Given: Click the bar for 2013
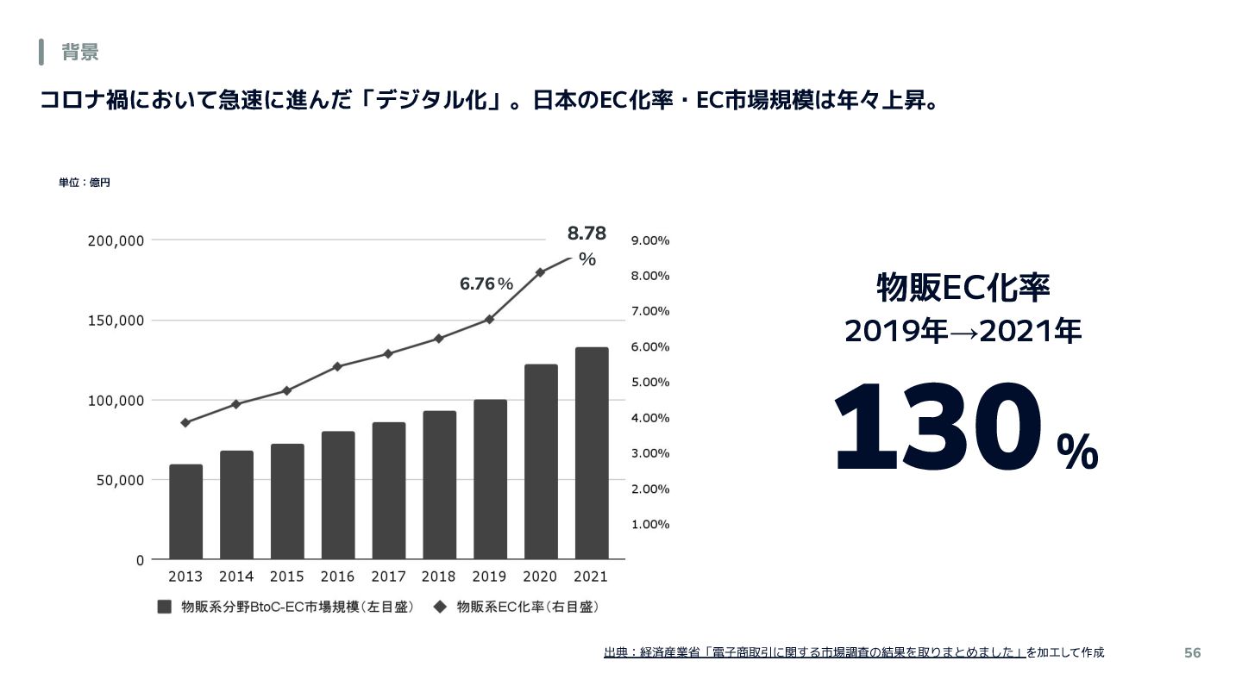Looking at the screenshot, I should pyautogui.click(x=186, y=512).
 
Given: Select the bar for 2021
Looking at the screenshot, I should pyautogui.click(x=592, y=453).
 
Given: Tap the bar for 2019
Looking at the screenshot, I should pyautogui.click(x=491, y=479).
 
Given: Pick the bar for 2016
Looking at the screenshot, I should pyautogui.click(x=338, y=495).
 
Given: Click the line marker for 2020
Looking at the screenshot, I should pyautogui.click(x=540, y=272).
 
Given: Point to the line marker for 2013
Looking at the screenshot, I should pyautogui.click(x=185, y=422).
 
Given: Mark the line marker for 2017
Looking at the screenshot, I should pyautogui.click(x=388, y=353).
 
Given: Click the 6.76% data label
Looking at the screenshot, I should pyautogui.click(x=486, y=284).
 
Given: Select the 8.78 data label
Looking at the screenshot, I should pyautogui.click(x=586, y=234).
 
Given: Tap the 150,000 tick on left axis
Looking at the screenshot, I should pyautogui.click(x=116, y=321).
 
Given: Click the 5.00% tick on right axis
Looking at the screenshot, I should pyautogui.click(x=650, y=382).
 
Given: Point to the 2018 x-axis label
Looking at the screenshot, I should pyautogui.click(x=440, y=576).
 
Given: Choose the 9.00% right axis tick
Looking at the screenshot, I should pyautogui.click(x=650, y=240).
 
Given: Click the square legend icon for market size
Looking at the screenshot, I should pyautogui.click(x=165, y=607).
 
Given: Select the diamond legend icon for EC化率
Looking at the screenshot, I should pyautogui.click(x=440, y=607).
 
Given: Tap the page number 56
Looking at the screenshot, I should pyautogui.click(x=1192, y=653).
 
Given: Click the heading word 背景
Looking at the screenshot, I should pyautogui.click(x=80, y=53).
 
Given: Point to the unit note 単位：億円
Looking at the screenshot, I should pyautogui.click(x=85, y=183).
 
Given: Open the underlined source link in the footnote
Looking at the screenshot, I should pyautogui.click(x=814, y=653).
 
